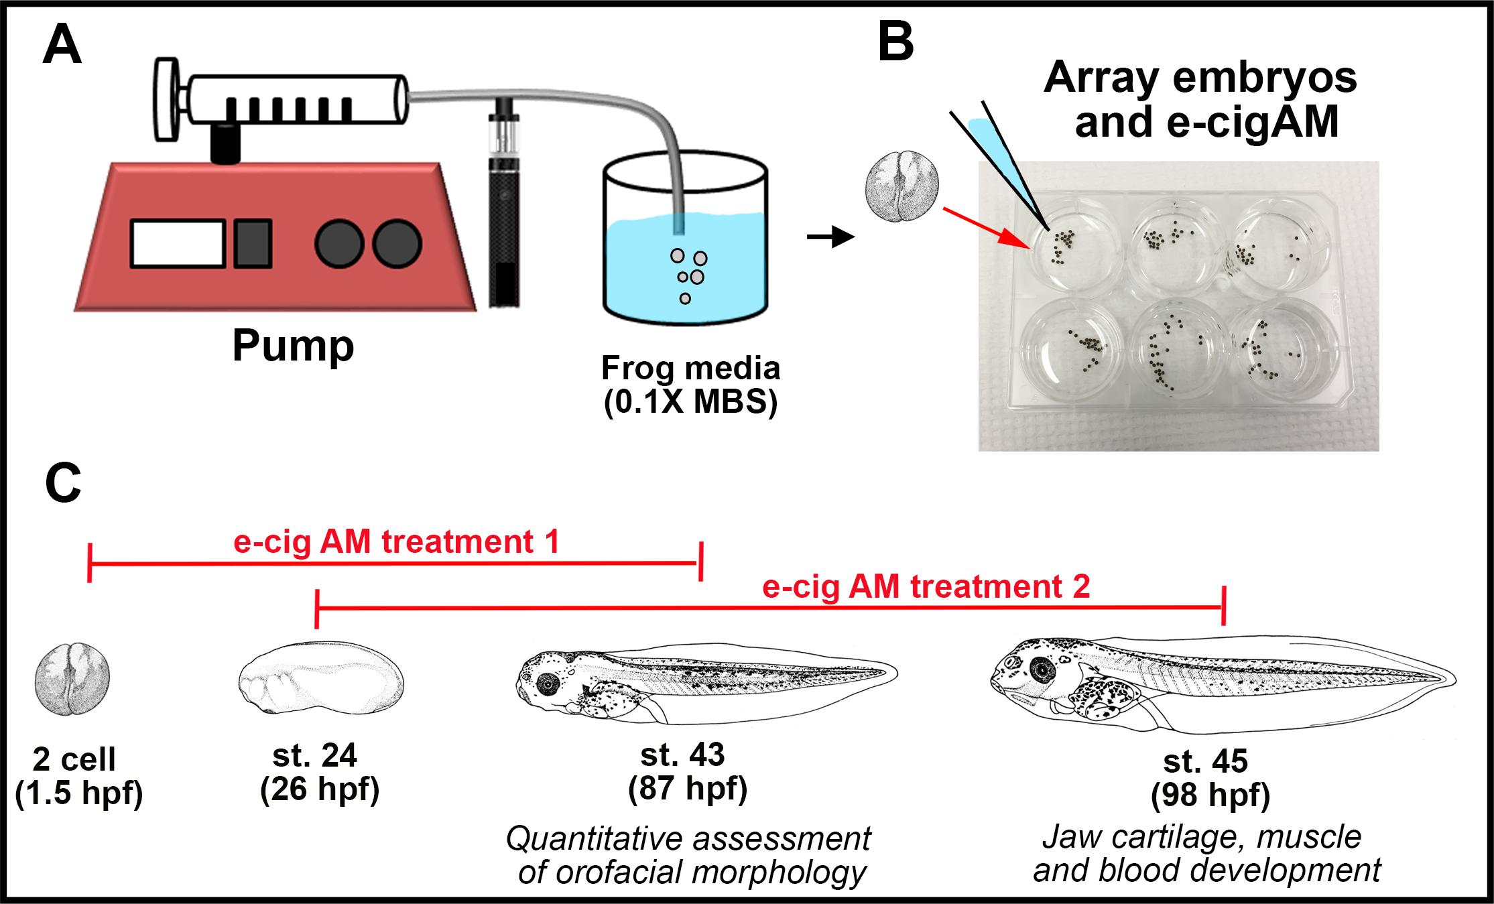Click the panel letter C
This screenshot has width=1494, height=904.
click(63, 483)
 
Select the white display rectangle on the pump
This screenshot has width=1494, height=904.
click(177, 243)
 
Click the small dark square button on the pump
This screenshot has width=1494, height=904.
click(253, 243)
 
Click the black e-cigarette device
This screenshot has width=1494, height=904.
click(505, 214)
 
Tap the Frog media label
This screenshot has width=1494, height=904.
click(690, 369)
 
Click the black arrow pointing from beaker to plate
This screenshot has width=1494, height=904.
click(830, 237)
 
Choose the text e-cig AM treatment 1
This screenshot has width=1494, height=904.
click(396, 541)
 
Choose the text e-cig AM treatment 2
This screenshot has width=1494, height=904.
click(926, 587)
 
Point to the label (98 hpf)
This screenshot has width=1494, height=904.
click(1210, 795)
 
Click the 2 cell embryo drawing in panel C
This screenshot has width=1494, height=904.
click(72, 678)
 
